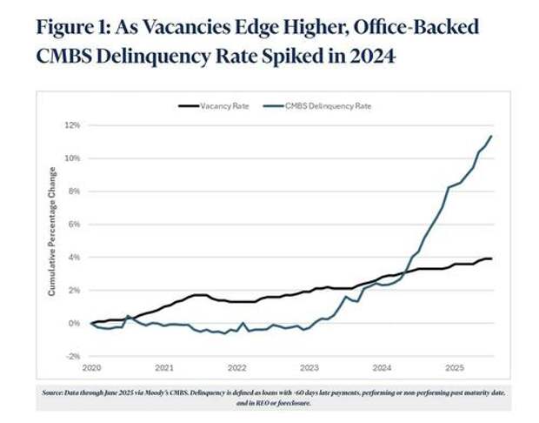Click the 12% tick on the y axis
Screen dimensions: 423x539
73,125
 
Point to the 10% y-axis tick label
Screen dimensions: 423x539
73,158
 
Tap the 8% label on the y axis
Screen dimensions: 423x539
75,191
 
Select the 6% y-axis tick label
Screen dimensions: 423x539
75,225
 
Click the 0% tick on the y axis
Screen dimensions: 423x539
75,324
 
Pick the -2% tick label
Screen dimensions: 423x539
74,357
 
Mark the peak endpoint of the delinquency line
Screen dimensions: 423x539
493,136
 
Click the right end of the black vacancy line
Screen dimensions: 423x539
493,258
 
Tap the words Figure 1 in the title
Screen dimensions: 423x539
70,25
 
